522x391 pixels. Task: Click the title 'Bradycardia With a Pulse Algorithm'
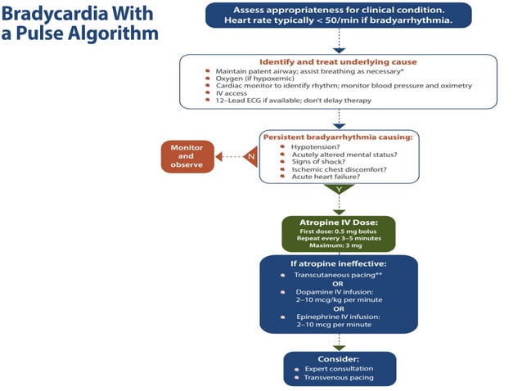tap(79, 24)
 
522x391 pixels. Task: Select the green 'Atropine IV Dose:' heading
tap(339, 222)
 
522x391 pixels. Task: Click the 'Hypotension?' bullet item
tap(314, 146)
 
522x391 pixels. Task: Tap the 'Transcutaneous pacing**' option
tap(334, 276)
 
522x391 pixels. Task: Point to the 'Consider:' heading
tap(339, 358)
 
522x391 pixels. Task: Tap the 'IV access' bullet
tap(231, 92)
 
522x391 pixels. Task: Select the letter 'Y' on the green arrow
tap(339, 188)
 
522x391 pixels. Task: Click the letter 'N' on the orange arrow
tap(250, 155)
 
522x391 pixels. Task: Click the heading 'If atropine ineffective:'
tap(339, 265)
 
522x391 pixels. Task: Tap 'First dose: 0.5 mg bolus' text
tap(338, 231)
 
